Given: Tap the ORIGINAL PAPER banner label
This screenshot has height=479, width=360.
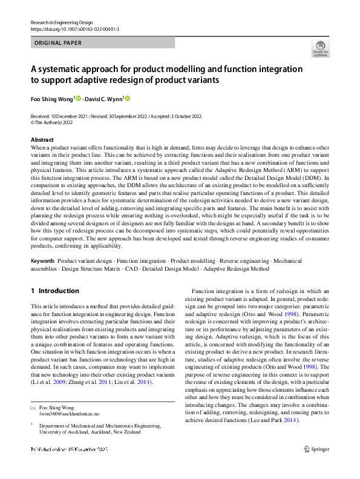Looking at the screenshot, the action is pos(57,43).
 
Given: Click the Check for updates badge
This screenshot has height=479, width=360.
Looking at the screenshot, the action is pos(321,49).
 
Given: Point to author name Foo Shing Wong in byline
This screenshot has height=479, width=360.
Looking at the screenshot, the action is pos(51,98).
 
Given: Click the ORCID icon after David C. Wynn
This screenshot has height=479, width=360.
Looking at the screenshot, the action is pos(128,98).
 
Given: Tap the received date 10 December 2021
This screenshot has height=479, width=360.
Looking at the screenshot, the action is pos(69,116).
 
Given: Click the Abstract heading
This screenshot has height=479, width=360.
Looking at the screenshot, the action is pos(42,140).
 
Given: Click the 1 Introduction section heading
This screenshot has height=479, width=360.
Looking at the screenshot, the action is pos(54,291).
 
